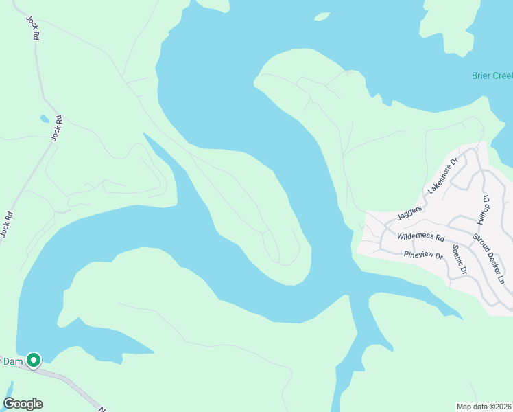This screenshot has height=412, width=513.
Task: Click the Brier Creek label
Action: (492, 76)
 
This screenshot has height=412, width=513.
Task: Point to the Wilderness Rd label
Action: (421, 237)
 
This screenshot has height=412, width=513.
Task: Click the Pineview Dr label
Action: (425, 255)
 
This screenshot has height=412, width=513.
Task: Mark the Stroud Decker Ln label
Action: (488, 259)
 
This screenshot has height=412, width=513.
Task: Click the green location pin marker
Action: (33, 359)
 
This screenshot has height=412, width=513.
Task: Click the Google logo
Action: (23, 404)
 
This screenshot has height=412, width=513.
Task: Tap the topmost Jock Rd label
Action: (31, 27)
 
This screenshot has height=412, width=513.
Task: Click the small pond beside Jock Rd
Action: (45, 118)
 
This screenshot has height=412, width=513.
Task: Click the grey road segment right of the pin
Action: (65, 377)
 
